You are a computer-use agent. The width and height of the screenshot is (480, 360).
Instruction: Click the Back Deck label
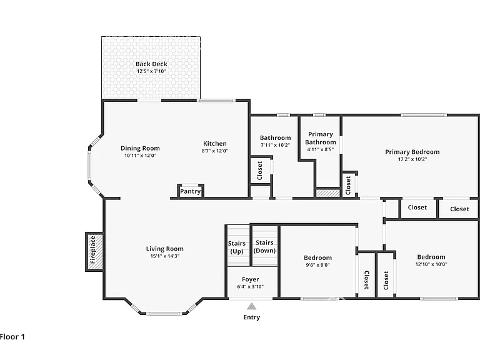[151, 64]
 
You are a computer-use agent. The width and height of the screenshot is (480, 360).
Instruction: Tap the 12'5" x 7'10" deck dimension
[151, 71]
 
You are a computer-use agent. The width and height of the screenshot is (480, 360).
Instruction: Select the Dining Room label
[140, 148]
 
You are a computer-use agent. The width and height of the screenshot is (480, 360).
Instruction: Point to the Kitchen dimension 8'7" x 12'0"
[215, 151]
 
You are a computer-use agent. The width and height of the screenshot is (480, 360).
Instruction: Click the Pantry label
[191, 191]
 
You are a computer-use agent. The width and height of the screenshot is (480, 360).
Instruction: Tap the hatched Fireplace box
[94, 252]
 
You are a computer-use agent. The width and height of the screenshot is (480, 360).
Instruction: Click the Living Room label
[165, 249]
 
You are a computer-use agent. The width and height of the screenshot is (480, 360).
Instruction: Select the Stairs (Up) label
[237, 247]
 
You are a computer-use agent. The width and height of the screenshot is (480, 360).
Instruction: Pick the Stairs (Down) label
[264, 246]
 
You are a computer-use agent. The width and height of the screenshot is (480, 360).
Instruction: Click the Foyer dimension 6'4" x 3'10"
[251, 287]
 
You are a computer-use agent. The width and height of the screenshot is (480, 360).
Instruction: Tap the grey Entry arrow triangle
[252, 306]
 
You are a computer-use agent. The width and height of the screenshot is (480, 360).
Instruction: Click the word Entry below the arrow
[252, 317]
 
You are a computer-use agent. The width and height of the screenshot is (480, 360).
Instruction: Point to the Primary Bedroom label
[412, 152]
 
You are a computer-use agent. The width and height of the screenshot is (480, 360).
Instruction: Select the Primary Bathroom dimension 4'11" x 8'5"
[321, 149]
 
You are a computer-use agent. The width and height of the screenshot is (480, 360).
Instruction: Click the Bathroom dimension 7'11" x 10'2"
[275, 145]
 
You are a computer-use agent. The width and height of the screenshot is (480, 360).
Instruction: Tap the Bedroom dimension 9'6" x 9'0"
[317, 265]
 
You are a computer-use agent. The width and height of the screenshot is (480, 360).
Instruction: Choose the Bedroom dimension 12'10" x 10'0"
[431, 264]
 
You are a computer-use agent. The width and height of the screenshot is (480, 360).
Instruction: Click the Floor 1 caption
[12, 337]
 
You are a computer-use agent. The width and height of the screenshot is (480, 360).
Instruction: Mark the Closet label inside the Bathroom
[260, 171]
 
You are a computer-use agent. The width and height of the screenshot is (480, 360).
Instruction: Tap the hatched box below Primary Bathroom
[328, 193]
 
